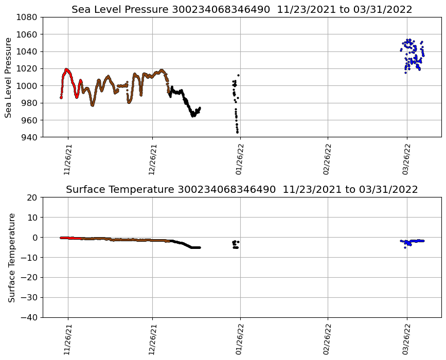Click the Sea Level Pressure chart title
[x=242, y=10]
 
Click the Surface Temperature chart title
[x=242, y=190]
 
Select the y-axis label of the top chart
[x=9, y=77]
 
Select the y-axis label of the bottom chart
[x=11, y=257]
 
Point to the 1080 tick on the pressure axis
[x=29, y=17]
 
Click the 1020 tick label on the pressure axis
[x=29, y=68]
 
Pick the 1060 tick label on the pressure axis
[x=29, y=34]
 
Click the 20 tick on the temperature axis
[x=33, y=197]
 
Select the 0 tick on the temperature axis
[x=35, y=237]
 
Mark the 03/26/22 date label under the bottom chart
[x=406, y=339]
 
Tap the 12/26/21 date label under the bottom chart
[x=152, y=339]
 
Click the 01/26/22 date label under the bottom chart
[x=240, y=339]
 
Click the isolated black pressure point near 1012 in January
[x=238, y=75]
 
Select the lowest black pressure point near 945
[x=237, y=132]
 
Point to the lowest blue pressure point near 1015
[x=405, y=73]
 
